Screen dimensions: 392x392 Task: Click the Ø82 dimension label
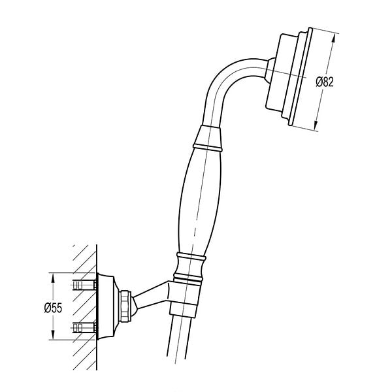(325, 82)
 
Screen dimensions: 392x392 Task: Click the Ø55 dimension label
(53, 308)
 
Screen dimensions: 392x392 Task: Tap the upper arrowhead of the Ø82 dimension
(333, 39)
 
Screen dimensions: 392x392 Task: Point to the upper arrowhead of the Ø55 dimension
(53, 278)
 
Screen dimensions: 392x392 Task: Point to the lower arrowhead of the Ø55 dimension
(53, 335)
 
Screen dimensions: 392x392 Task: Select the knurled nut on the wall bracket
(125, 306)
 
